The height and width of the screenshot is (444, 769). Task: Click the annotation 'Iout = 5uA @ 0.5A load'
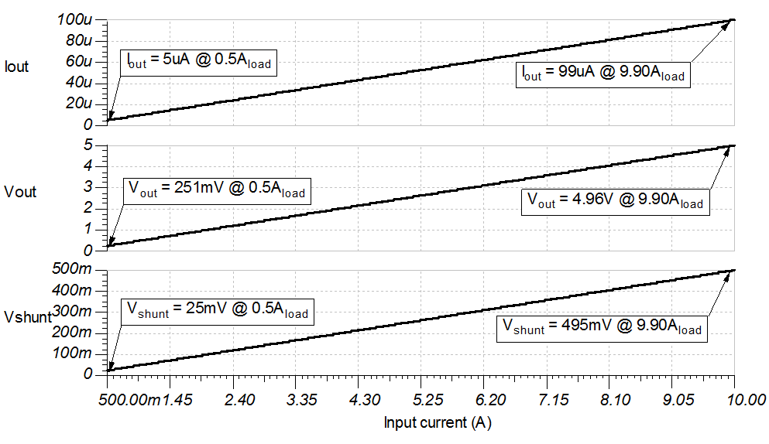tap(198, 62)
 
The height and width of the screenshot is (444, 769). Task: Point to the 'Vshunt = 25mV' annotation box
tap(216, 311)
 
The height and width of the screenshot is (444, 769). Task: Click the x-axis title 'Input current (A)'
tap(438, 422)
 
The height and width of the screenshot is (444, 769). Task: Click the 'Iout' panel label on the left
tap(16, 67)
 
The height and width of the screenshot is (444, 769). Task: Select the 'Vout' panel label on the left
tap(20, 192)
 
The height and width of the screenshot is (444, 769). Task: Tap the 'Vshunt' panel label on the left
tap(27, 316)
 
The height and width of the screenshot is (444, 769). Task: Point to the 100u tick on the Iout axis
tap(76, 19)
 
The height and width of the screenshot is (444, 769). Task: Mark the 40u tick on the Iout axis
tap(79, 82)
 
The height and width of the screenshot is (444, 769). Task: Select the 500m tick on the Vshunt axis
tap(76, 269)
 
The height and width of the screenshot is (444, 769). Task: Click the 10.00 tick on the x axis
tap(747, 400)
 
